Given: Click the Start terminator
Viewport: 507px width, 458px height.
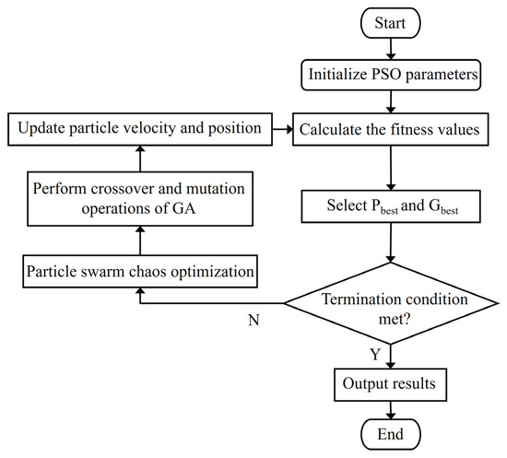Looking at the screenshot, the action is pos(391,23).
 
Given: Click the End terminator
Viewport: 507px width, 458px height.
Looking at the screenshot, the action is pos(391,434).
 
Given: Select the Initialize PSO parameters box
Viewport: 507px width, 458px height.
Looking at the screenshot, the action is pos(391,75).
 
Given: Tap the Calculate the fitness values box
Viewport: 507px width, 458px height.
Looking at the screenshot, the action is pos(391,129).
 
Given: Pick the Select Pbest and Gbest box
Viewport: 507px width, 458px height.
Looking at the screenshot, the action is pos(391,206).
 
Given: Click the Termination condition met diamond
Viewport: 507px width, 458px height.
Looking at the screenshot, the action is pos(391,303).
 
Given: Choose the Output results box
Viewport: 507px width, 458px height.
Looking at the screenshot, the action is pos(391,384).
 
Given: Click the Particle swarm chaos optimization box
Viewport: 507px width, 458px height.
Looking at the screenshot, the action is pos(140,271).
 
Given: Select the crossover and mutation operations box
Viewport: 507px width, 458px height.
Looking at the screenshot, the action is pos(140,199).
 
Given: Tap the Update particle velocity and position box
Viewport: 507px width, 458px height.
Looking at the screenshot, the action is pos(140,129).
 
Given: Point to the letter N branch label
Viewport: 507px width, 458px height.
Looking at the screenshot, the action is pos(253,321).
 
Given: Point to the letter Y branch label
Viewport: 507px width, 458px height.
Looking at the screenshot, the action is pos(375,355).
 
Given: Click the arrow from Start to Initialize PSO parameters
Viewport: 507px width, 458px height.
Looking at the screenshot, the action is pos(391,49).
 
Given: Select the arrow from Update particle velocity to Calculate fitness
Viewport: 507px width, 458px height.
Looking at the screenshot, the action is pos(283,129).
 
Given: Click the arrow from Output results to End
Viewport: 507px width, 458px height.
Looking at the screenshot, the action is pos(391,410).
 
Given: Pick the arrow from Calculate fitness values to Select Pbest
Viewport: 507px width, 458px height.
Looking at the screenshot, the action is pos(391,168).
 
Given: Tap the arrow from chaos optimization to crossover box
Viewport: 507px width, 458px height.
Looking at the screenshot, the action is pos(140,241).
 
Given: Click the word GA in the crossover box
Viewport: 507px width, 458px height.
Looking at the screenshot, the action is pos(184,208).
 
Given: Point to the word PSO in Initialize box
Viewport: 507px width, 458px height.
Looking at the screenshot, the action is pos(385,75).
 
